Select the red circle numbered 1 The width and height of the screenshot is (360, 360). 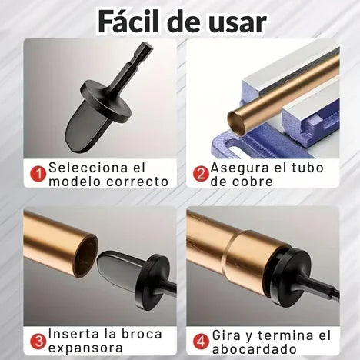37,174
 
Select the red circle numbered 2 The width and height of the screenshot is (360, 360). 200,174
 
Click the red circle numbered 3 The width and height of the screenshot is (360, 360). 37,341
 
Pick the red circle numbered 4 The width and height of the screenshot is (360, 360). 200,341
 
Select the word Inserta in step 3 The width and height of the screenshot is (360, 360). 75,334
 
